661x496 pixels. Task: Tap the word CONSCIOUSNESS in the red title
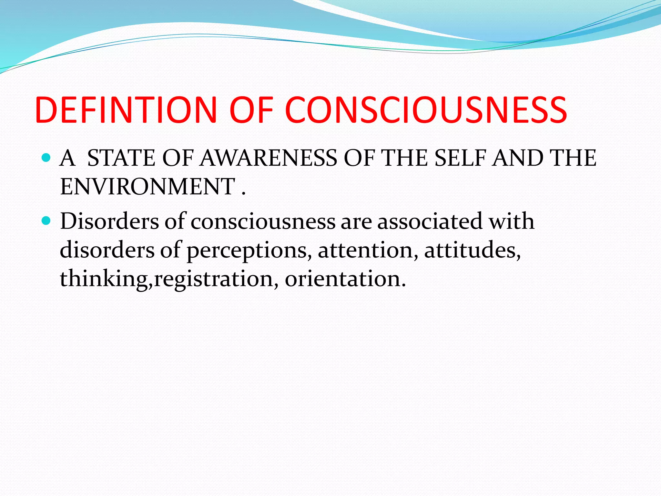click(x=426, y=110)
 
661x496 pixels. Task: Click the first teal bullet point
click(x=47, y=158)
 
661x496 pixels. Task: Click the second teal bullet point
click(x=47, y=221)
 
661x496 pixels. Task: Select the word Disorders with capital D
click(x=109, y=222)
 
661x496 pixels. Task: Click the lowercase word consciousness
click(x=263, y=222)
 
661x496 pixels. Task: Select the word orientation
click(x=345, y=278)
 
